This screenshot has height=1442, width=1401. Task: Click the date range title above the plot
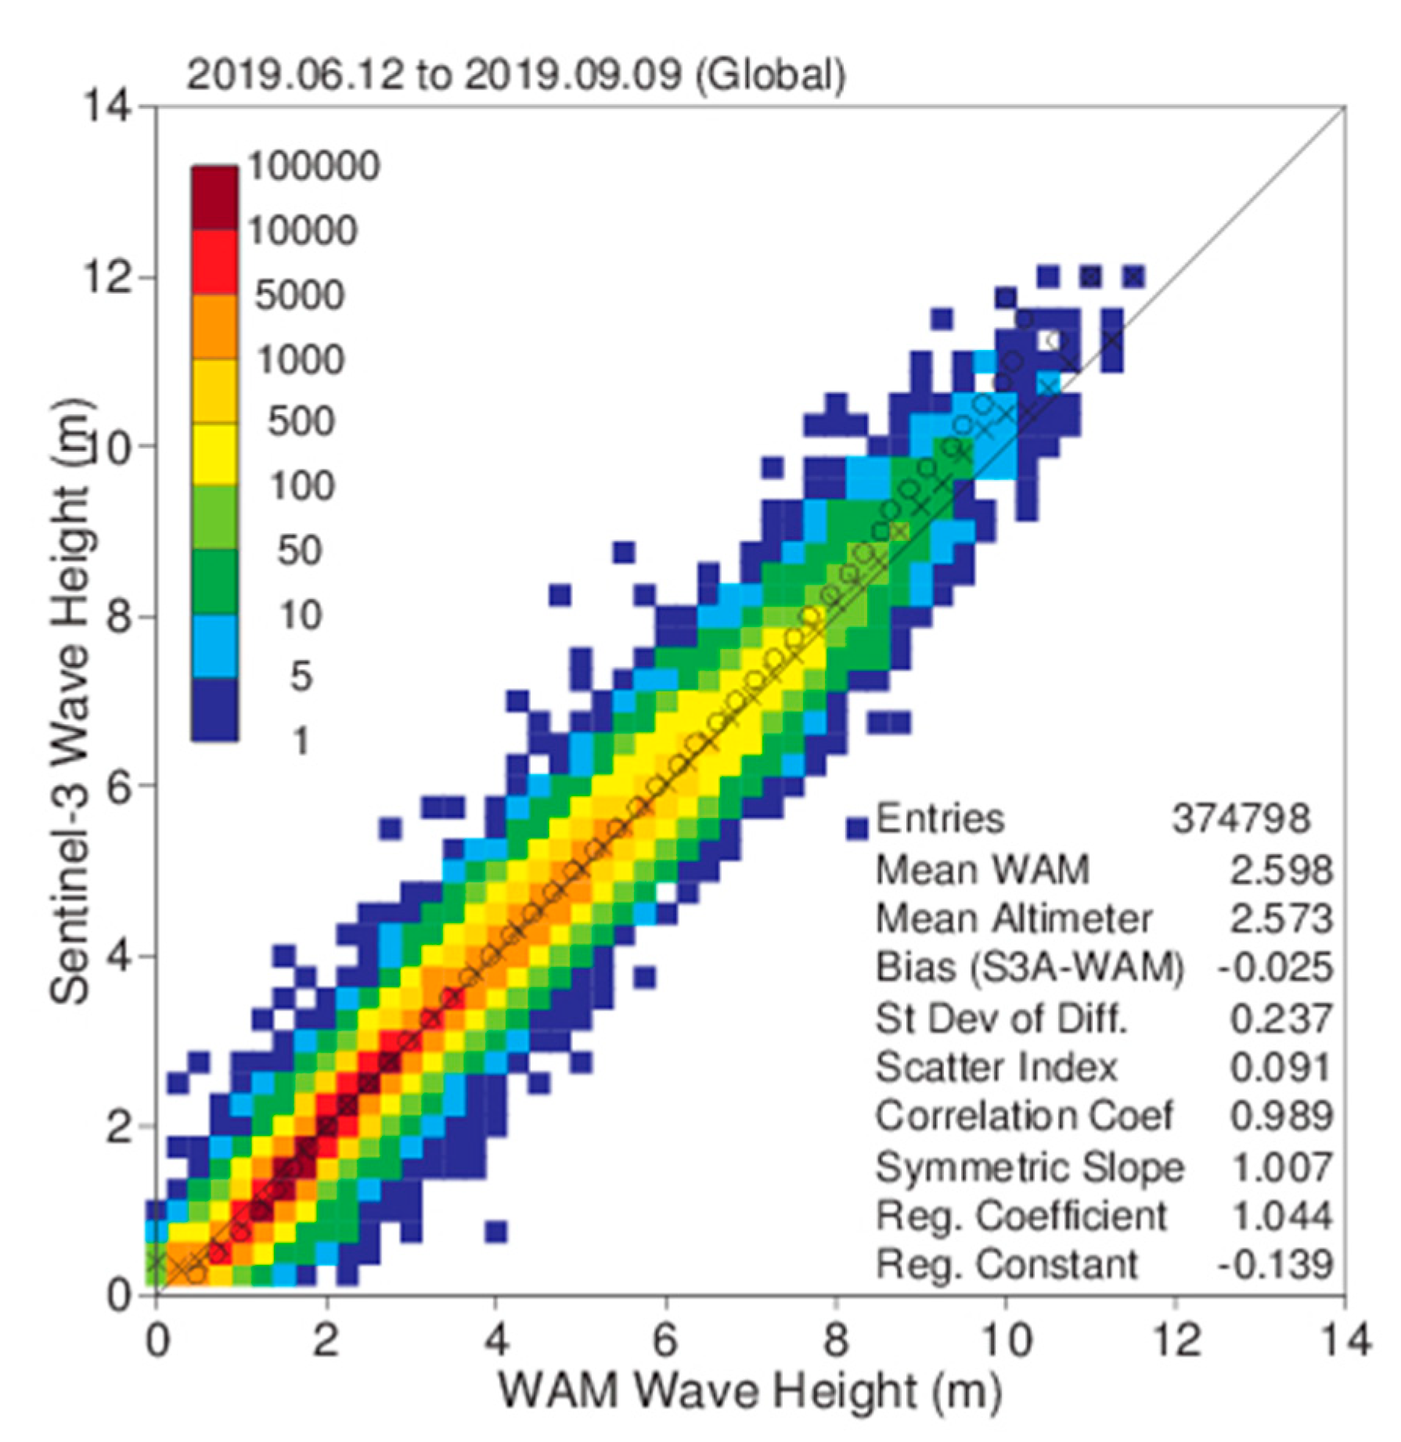(515, 76)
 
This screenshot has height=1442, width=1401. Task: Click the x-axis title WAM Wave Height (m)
(749, 1392)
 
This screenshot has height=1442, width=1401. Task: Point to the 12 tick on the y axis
(106, 278)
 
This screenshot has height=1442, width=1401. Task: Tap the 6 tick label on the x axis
(665, 1340)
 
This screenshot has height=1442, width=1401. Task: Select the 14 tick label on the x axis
(1345, 1340)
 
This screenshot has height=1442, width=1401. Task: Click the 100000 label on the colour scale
(314, 167)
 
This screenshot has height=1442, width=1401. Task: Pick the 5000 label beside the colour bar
(299, 296)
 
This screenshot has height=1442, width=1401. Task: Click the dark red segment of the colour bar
(214, 198)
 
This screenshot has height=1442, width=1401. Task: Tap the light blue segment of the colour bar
(214, 647)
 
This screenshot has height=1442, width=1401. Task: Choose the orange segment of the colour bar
(214, 327)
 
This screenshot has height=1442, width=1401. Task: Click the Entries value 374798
(1241, 820)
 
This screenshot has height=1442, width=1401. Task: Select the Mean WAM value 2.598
(1280, 871)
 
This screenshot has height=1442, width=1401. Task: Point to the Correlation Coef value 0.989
(1280, 1116)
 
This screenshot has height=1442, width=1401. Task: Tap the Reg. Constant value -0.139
(1274, 1264)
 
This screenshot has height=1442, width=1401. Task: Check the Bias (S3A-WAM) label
(1028, 968)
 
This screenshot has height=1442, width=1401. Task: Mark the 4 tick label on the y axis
(117, 957)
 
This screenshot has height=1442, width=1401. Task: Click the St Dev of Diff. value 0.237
(1280, 1018)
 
